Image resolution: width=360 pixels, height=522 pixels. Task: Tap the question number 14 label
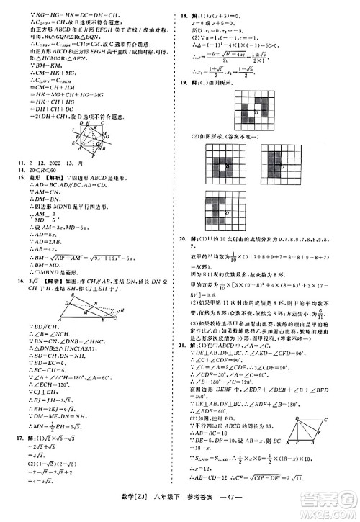14,189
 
